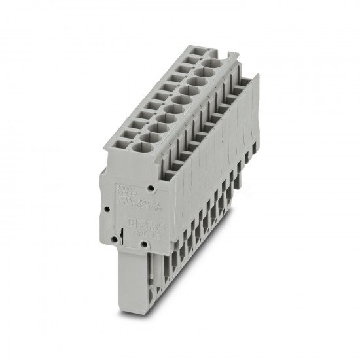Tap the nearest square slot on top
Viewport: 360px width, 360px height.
coord(119,149)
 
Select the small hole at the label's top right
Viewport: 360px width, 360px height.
coord(151,189)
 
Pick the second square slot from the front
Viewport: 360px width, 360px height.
coord(127,138)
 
